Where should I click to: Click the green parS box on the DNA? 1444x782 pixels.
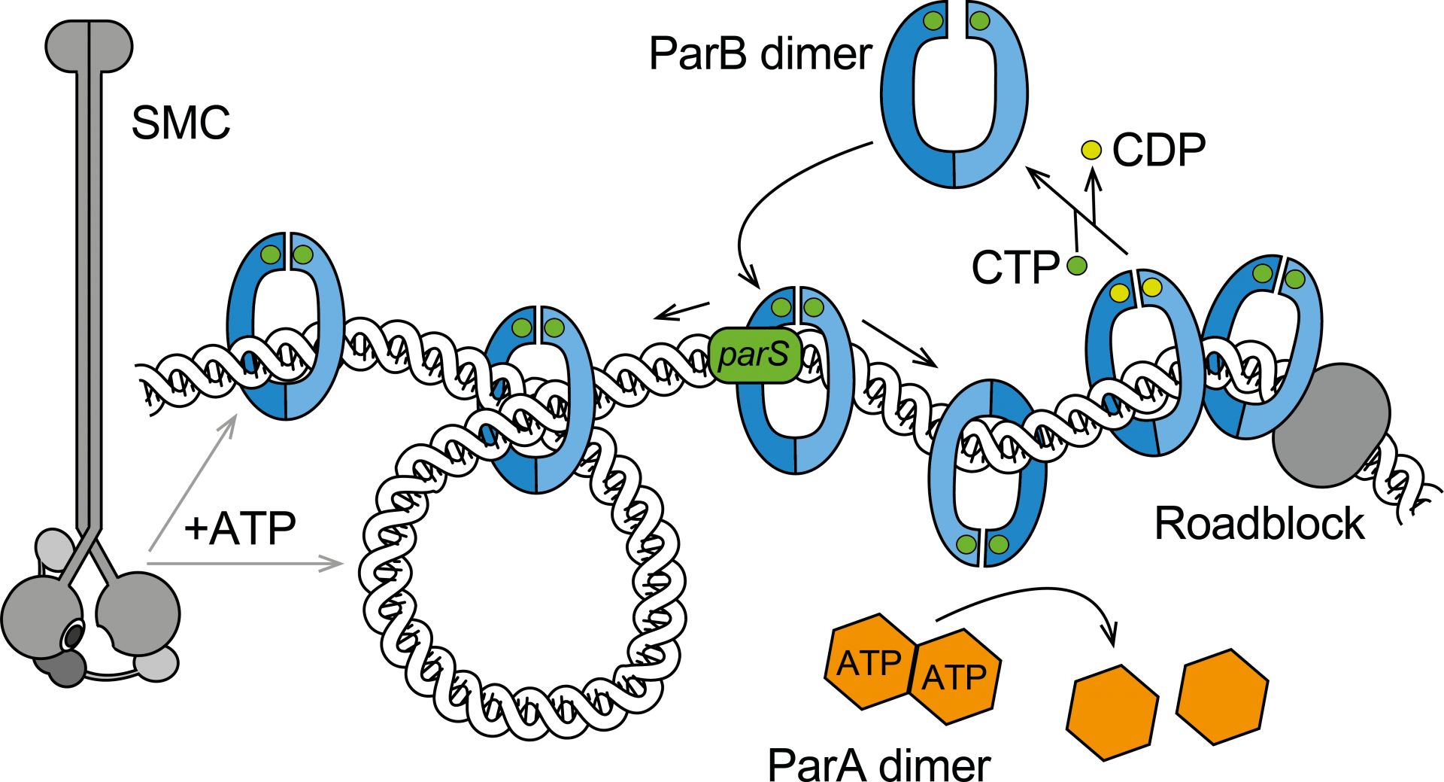click(x=754, y=355)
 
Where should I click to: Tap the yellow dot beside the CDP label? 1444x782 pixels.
click(x=1091, y=151)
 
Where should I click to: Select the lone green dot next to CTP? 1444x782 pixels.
click(x=1077, y=266)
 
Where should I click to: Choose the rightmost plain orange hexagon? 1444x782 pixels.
click(x=1222, y=697)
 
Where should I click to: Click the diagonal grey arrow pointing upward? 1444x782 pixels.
click(x=193, y=482)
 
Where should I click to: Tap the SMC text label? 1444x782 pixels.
click(x=180, y=123)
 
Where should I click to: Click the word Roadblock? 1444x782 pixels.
click(x=1260, y=524)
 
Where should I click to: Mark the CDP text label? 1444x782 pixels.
click(x=1158, y=151)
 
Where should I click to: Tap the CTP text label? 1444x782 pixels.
click(x=1015, y=267)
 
